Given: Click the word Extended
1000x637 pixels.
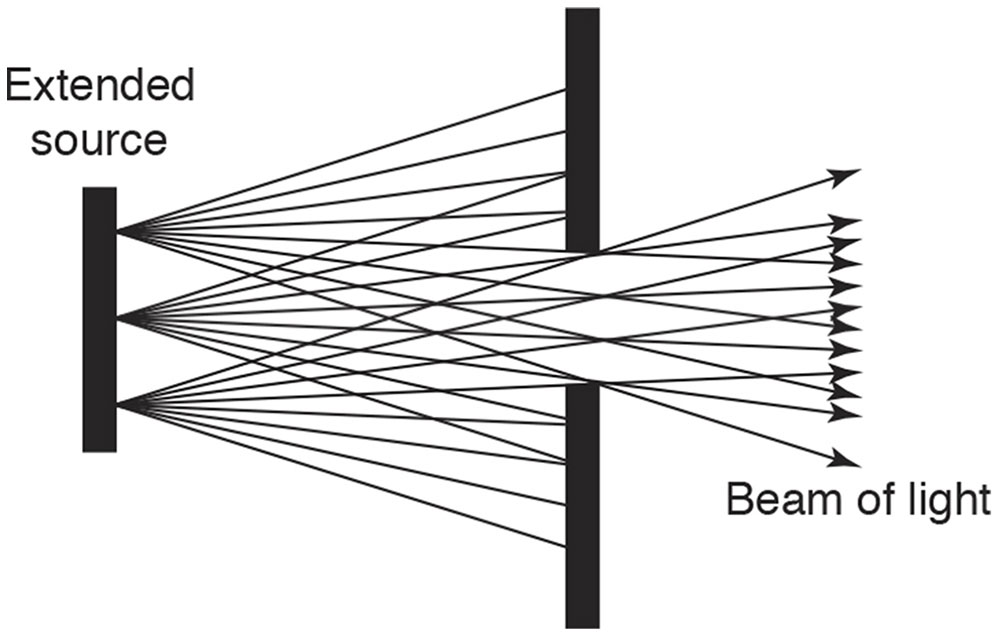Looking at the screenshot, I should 99,88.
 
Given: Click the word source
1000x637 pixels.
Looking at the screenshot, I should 97,139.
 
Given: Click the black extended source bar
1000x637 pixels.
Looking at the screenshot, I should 99,319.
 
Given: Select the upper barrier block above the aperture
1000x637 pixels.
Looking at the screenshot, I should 582,130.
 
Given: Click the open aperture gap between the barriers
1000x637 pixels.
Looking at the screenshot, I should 582,317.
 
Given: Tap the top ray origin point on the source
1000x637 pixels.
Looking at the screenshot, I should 119,232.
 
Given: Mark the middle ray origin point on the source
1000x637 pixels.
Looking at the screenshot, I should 119,319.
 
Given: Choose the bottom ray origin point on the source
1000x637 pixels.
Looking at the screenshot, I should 119,405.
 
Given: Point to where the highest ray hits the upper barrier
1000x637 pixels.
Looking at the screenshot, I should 566,90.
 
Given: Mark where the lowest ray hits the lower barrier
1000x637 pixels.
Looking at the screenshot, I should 566,546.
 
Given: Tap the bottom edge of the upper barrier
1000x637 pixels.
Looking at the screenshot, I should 582,251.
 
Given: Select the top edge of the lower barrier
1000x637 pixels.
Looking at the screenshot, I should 582,383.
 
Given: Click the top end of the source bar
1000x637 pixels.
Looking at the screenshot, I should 99,190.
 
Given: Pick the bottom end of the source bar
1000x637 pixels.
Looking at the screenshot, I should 99,449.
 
